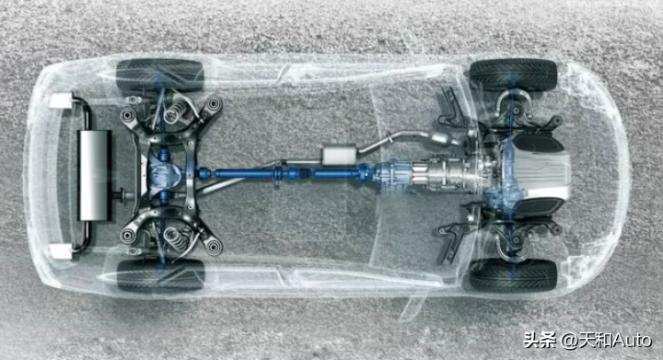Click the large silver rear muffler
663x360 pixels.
pos(95,175)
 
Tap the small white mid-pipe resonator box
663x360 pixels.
pos(339,155)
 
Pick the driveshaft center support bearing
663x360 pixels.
pos(278,173)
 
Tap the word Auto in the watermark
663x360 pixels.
pos(633,340)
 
